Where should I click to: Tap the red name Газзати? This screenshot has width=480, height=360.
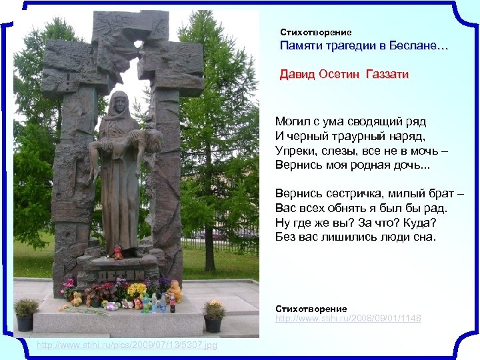coord(387,75)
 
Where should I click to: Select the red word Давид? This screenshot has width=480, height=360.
coord(297,75)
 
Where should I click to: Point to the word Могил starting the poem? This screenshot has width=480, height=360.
coord(292,122)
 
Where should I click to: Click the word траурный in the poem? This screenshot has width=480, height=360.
coord(355,136)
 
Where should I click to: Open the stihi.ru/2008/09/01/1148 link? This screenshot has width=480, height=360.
coord(348,319)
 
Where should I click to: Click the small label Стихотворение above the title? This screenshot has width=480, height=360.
coord(315,32)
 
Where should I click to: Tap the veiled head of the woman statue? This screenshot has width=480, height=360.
coord(122,103)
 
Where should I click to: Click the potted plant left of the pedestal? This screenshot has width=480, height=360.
coord(26,313)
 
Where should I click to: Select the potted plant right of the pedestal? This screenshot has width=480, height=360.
coord(213,315)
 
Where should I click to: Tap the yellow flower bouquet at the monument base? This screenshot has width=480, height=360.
coord(137,289)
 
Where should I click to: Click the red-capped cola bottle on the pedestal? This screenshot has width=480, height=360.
coord(171,304)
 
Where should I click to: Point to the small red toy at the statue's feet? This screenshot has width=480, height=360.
coord(118,252)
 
